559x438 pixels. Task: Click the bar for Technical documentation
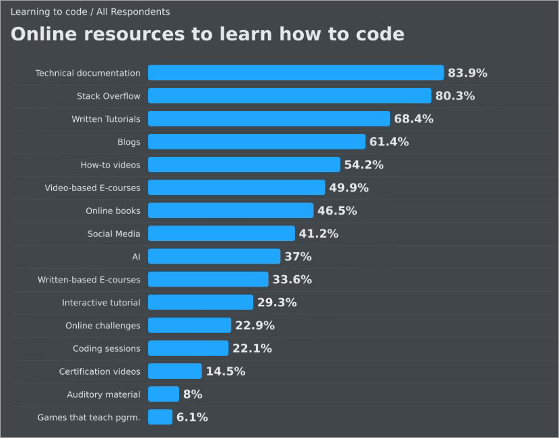pos(296,73)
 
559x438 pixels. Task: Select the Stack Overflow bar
pos(290,96)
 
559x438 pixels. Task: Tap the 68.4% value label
pos(414,119)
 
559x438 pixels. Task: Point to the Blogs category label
pos(129,142)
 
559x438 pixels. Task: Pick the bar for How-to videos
pos(244,165)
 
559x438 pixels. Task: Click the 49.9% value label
pos(349,188)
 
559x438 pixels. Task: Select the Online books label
pos(113,211)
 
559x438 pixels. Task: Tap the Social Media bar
pos(222,233)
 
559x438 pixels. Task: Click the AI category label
pos(136,256)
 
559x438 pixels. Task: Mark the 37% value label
pos(298,256)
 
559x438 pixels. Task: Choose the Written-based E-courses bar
pos(208,279)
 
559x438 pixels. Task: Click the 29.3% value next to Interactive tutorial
pos(277,302)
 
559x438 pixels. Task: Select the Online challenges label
pos(103,326)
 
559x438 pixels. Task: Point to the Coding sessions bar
pos(188,349)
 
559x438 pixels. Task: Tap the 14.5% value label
pos(226,371)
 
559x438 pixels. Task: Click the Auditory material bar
pos(164,394)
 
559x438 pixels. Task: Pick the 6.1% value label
pos(192,417)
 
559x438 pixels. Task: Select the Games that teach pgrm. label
pos(89,417)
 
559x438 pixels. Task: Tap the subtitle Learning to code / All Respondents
pos(90,11)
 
